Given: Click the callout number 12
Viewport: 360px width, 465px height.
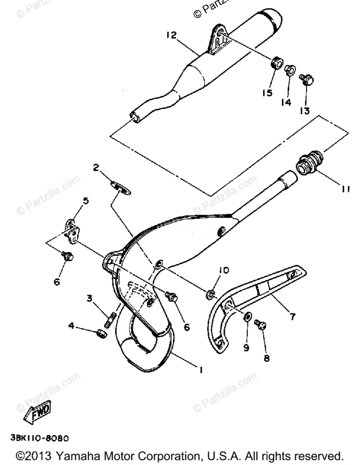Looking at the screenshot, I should (x=171, y=35).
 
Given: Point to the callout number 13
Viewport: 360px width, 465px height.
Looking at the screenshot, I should (x=305, y=111).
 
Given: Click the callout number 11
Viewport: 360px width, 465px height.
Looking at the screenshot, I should (x=346, y=189).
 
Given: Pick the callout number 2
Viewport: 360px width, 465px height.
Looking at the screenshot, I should (x=96, y=168).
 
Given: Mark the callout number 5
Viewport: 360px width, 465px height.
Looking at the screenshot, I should (x=86, y=200).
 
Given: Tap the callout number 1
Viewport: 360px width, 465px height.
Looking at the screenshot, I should (x=200, y=370).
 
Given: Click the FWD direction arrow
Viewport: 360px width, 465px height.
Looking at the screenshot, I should (x=37, y=412).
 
